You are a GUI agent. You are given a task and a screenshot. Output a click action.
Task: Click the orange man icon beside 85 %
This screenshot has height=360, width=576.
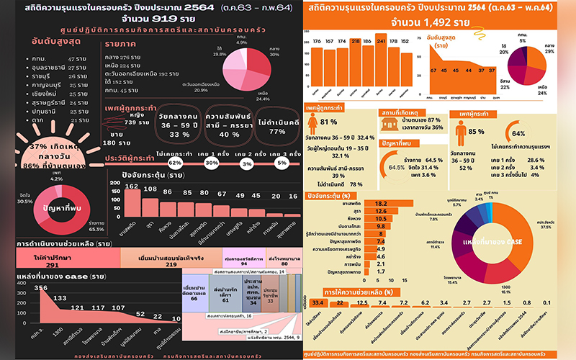(458, 131)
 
